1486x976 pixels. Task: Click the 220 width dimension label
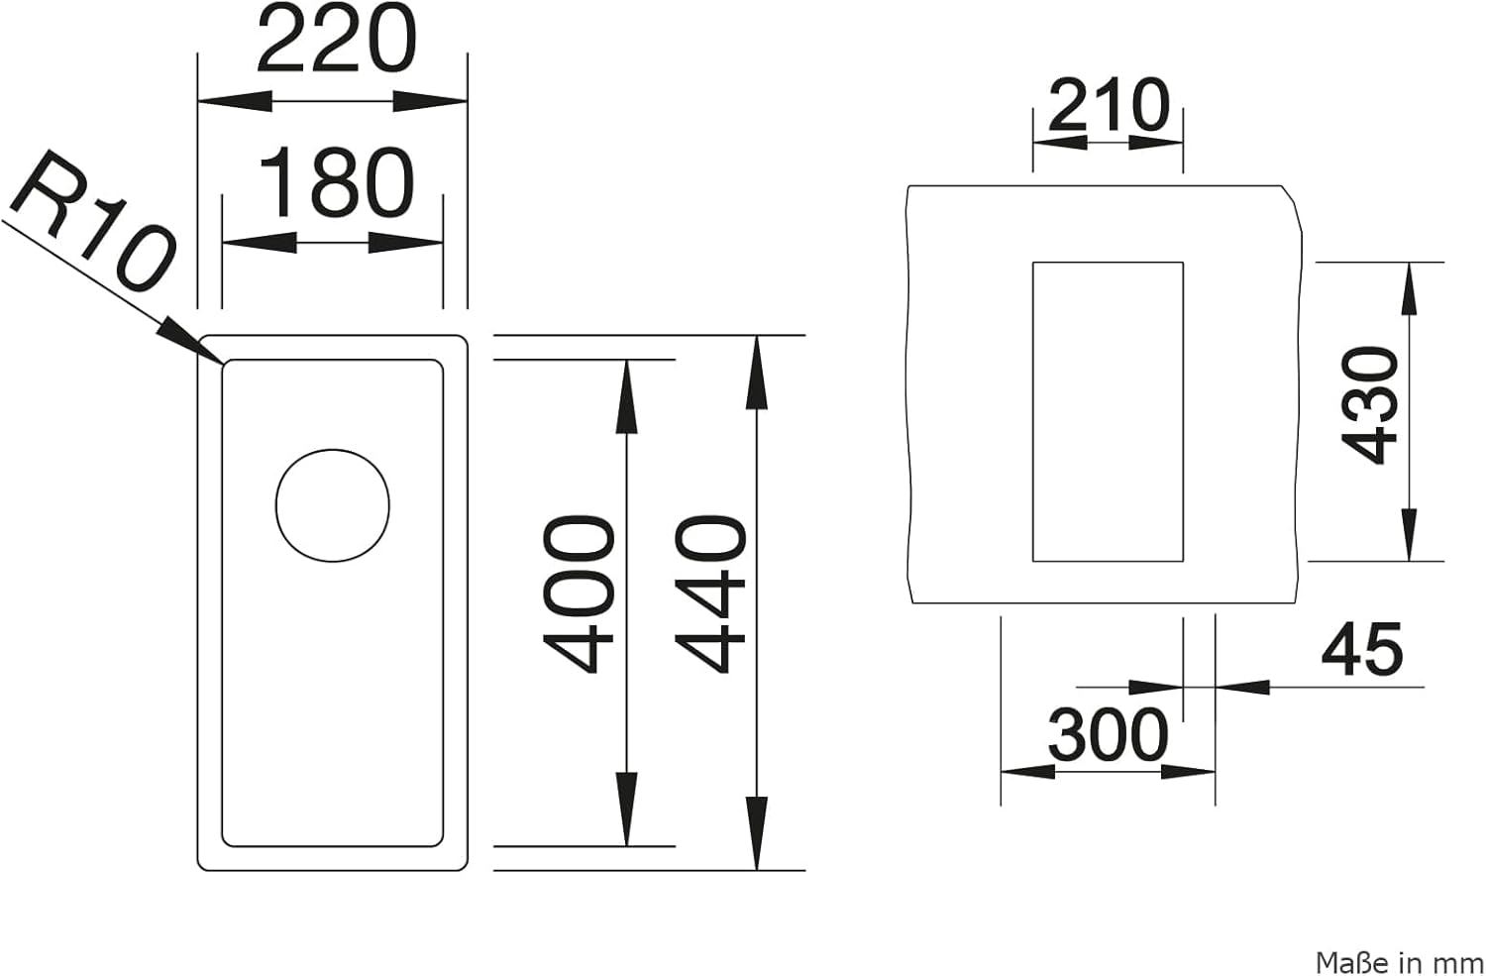point(337,40)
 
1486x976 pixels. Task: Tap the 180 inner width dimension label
point(337,182)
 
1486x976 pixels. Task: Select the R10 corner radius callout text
point(93,222)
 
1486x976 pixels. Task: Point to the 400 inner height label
point(579,595)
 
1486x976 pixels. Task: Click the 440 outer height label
point(710,595)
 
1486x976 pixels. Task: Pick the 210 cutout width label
point(1109,105)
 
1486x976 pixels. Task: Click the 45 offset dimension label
point(1362,649)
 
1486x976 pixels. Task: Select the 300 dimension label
point(1108,735)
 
